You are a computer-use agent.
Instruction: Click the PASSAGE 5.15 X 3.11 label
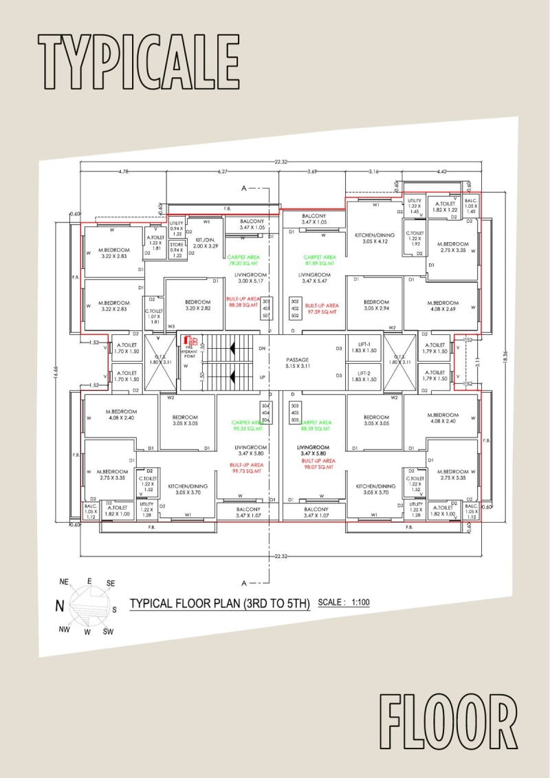tap(298, 363)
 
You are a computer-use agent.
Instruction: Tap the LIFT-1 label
tap(364, 347)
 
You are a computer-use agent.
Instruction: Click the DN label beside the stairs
tap(261, 349)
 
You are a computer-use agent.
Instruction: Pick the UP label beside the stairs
tap(261, 378)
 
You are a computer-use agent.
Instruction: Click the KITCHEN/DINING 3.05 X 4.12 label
tap(375, 239)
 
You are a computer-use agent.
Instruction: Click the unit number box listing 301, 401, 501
tap(267, 308)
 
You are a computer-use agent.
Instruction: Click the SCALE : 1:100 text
tap(344, 603)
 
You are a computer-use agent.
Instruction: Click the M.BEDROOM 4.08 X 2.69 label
tap(442, 306)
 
